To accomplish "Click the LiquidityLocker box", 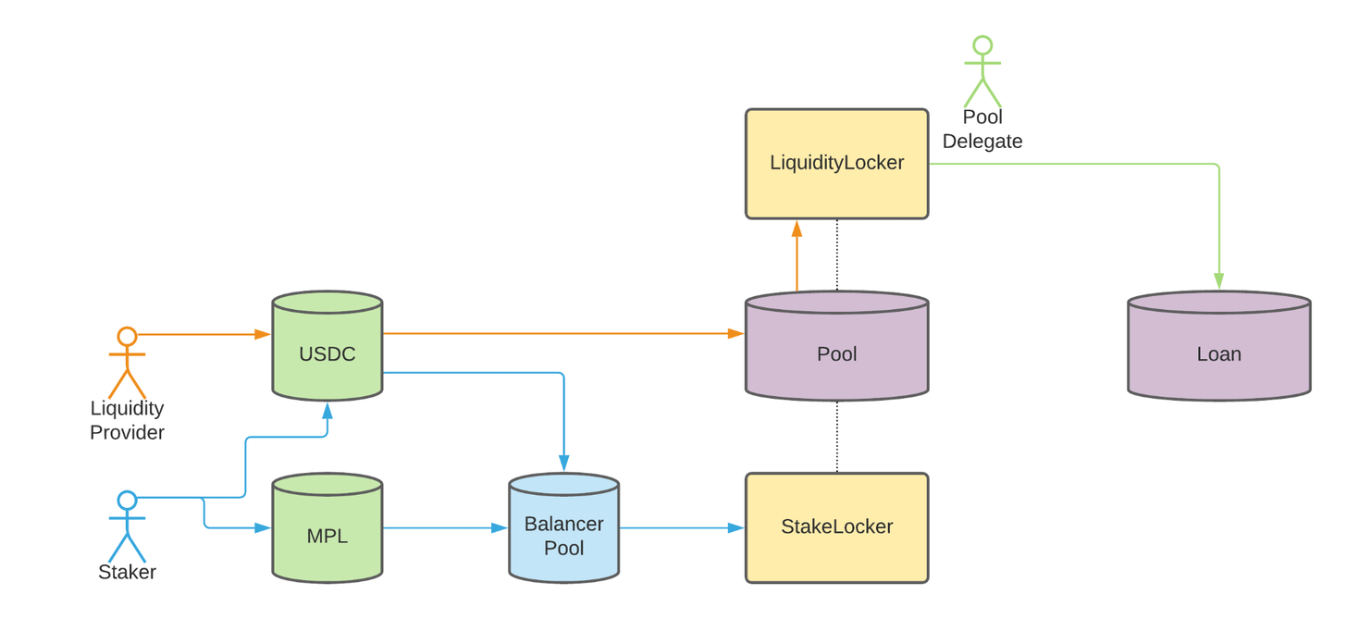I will point(836,164).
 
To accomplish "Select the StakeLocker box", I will point(836,527).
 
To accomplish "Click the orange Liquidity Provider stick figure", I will point(127,360).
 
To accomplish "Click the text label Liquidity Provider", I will point(127,420).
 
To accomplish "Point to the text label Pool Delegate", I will point(982,130).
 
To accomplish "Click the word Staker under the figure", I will point(127,572).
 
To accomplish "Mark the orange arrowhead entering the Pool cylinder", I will point(736,333).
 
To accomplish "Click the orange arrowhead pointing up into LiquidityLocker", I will point(797,229).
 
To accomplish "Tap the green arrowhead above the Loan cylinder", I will point(1218,281).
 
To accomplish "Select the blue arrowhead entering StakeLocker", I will point(736,528).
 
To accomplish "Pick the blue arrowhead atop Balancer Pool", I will point(563,464).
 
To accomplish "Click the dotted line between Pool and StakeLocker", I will point(837,437).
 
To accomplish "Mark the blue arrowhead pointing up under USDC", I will point(327,408).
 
